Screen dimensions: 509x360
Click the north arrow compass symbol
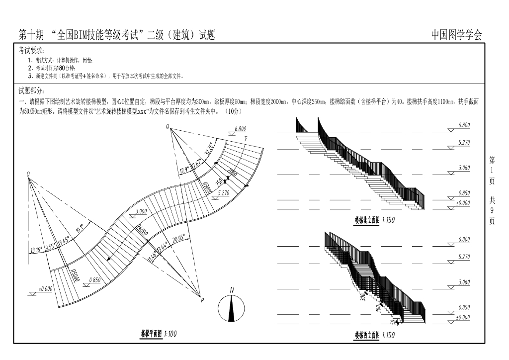231,308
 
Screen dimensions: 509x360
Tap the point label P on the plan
202,300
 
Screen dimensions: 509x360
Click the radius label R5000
75,275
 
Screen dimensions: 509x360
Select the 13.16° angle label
36,250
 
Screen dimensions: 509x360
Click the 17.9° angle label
184,171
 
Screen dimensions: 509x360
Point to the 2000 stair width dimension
232,173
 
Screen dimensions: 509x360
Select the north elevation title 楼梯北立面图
366,219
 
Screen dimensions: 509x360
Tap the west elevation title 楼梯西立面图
366,335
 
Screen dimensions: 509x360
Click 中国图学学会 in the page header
456,35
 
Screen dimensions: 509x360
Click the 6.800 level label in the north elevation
464,125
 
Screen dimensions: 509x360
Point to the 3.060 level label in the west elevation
464,282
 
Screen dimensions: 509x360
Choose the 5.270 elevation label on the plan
224,193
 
